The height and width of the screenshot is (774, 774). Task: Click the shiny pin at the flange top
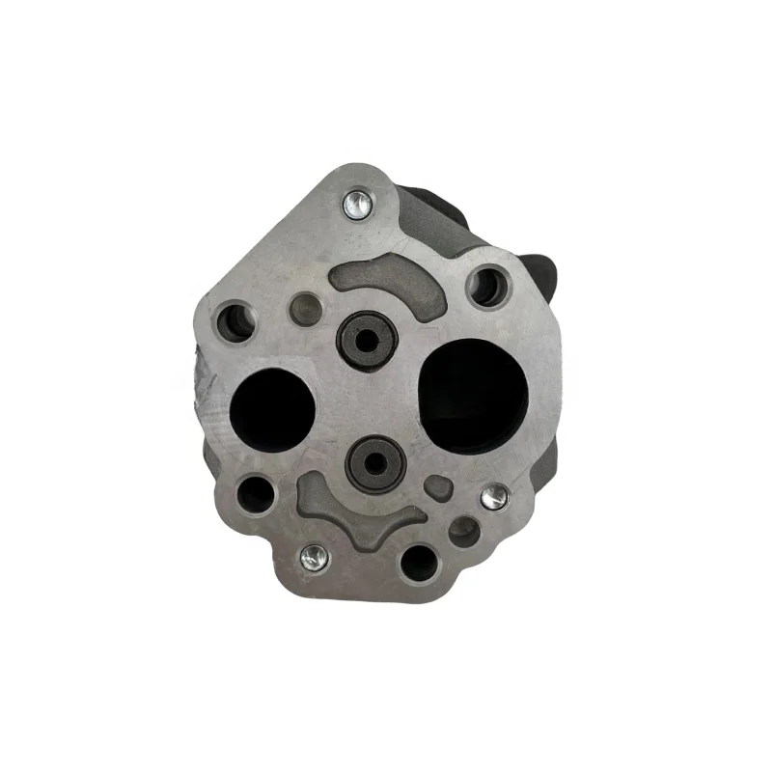(356, 203)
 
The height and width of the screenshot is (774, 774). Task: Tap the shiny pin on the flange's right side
(494, 496)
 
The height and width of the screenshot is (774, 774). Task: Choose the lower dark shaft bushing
(376, 463)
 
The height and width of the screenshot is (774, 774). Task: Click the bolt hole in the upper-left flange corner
(234, 321)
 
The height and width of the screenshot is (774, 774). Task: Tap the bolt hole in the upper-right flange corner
(486, 286)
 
